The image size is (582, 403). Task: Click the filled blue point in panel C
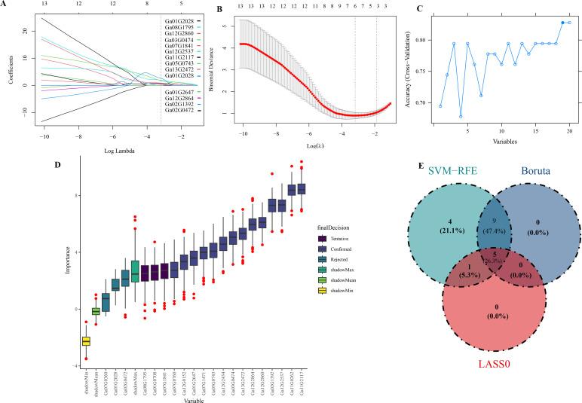(563, 23)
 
